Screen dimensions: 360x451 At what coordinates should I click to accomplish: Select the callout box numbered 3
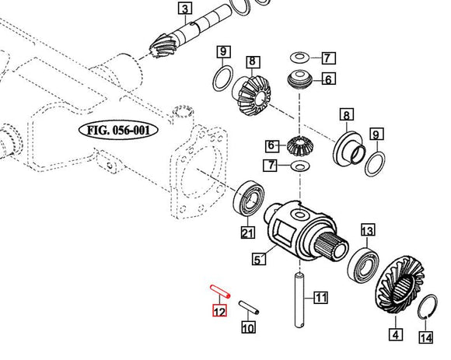(184, 9)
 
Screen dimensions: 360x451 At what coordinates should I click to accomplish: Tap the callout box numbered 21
(246, 233)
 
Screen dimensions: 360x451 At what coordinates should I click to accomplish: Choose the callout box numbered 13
(367, 230)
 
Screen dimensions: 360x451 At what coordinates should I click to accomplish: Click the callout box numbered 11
(321, 297)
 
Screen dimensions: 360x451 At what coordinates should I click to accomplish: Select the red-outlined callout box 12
(220, 312)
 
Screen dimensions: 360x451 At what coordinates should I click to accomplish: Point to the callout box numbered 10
(247, 327)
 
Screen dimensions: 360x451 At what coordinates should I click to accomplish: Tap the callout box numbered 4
(397, 336)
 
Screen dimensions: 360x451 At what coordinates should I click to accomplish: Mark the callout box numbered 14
(425, 337)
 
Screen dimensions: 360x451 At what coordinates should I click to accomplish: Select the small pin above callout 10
(249, 308)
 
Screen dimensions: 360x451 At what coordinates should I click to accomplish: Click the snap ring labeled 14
(426, 309)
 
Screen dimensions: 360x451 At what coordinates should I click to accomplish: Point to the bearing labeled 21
(248, 196)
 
